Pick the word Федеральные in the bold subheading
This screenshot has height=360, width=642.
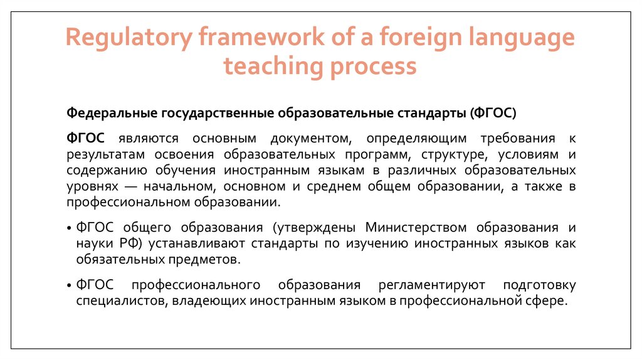(x=112, y=114)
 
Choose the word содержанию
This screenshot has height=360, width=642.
(x=107, y=171)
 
